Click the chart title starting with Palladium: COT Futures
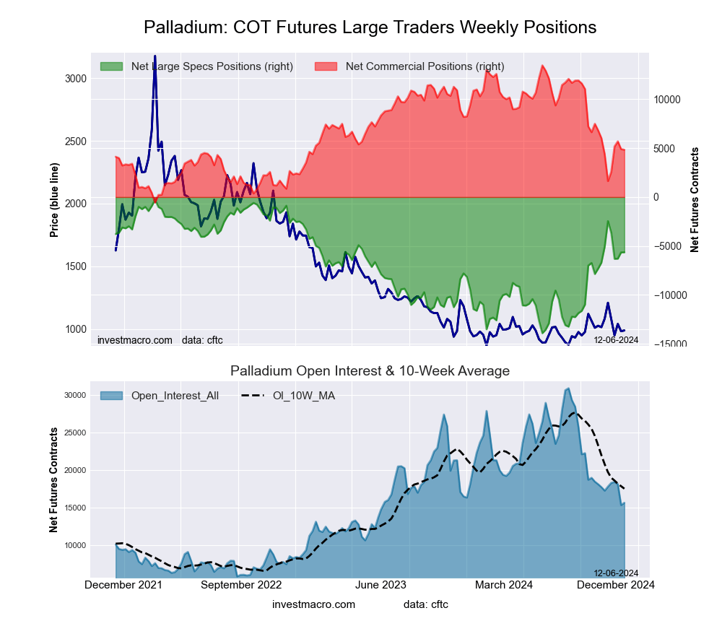pyautogui.click(x=370, y=27)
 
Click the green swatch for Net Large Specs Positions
pyautogui.click(x=111, y=66)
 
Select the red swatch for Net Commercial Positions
pyautogui.click(x=326, y=66)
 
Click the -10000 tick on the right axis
pyautogui.click(x=670, y=295)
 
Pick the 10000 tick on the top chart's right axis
pyautogui.click(x=668, y=99)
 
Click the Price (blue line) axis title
pyautogui.click(x=54, y=201)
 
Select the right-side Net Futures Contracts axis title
pyautogui.click(x=695, y=199)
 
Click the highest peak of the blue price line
pyautogui.click(x=155, y=56)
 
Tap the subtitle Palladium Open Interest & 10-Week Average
pyautogui.click(x=370, y=371)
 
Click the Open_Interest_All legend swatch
pyautogui.click(x=111, y=395)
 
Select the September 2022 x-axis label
pyautogui.click(x=240, y=585)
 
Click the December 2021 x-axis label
pyautogui.click(x=123, y=585)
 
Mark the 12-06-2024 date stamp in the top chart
pyautogui.click(x=616, y=339)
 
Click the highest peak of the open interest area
pyautogui.click(x=568, y=388)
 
